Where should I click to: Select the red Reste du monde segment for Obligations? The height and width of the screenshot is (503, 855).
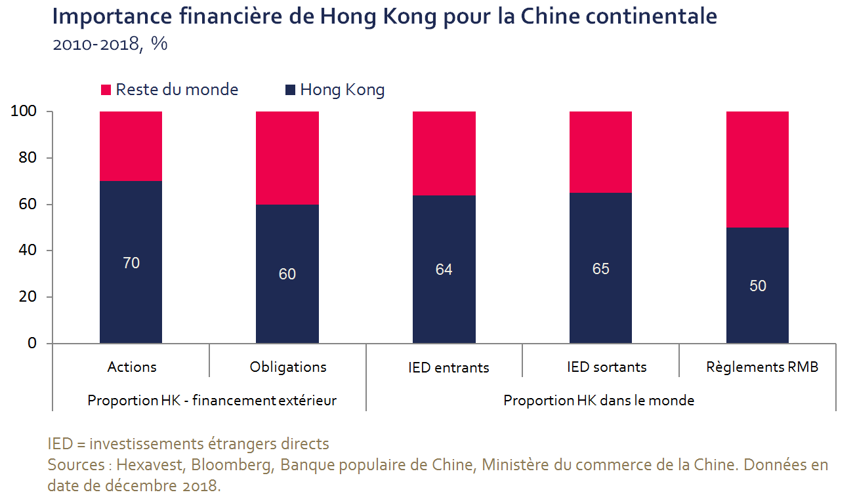(x=287, y=157)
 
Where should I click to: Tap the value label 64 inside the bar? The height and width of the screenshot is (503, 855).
(x=444, y=270)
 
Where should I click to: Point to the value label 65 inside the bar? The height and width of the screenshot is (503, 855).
(x=600, y=269)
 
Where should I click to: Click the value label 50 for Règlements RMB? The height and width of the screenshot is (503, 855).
(x=757, y=286)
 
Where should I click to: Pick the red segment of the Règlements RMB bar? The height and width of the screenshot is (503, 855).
(x=757, y=169)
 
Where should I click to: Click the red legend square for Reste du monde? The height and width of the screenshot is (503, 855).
(x=106, y=90)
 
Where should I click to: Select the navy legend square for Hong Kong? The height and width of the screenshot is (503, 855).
(x=290, y=90)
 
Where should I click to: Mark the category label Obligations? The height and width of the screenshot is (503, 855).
(x=288, y=367)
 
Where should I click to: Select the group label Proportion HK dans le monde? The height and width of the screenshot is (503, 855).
(x=598, y=400)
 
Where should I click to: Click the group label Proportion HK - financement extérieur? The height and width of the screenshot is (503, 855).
(x=212, y=400)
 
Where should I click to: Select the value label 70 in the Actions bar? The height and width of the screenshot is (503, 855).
(x=131, y=263)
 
